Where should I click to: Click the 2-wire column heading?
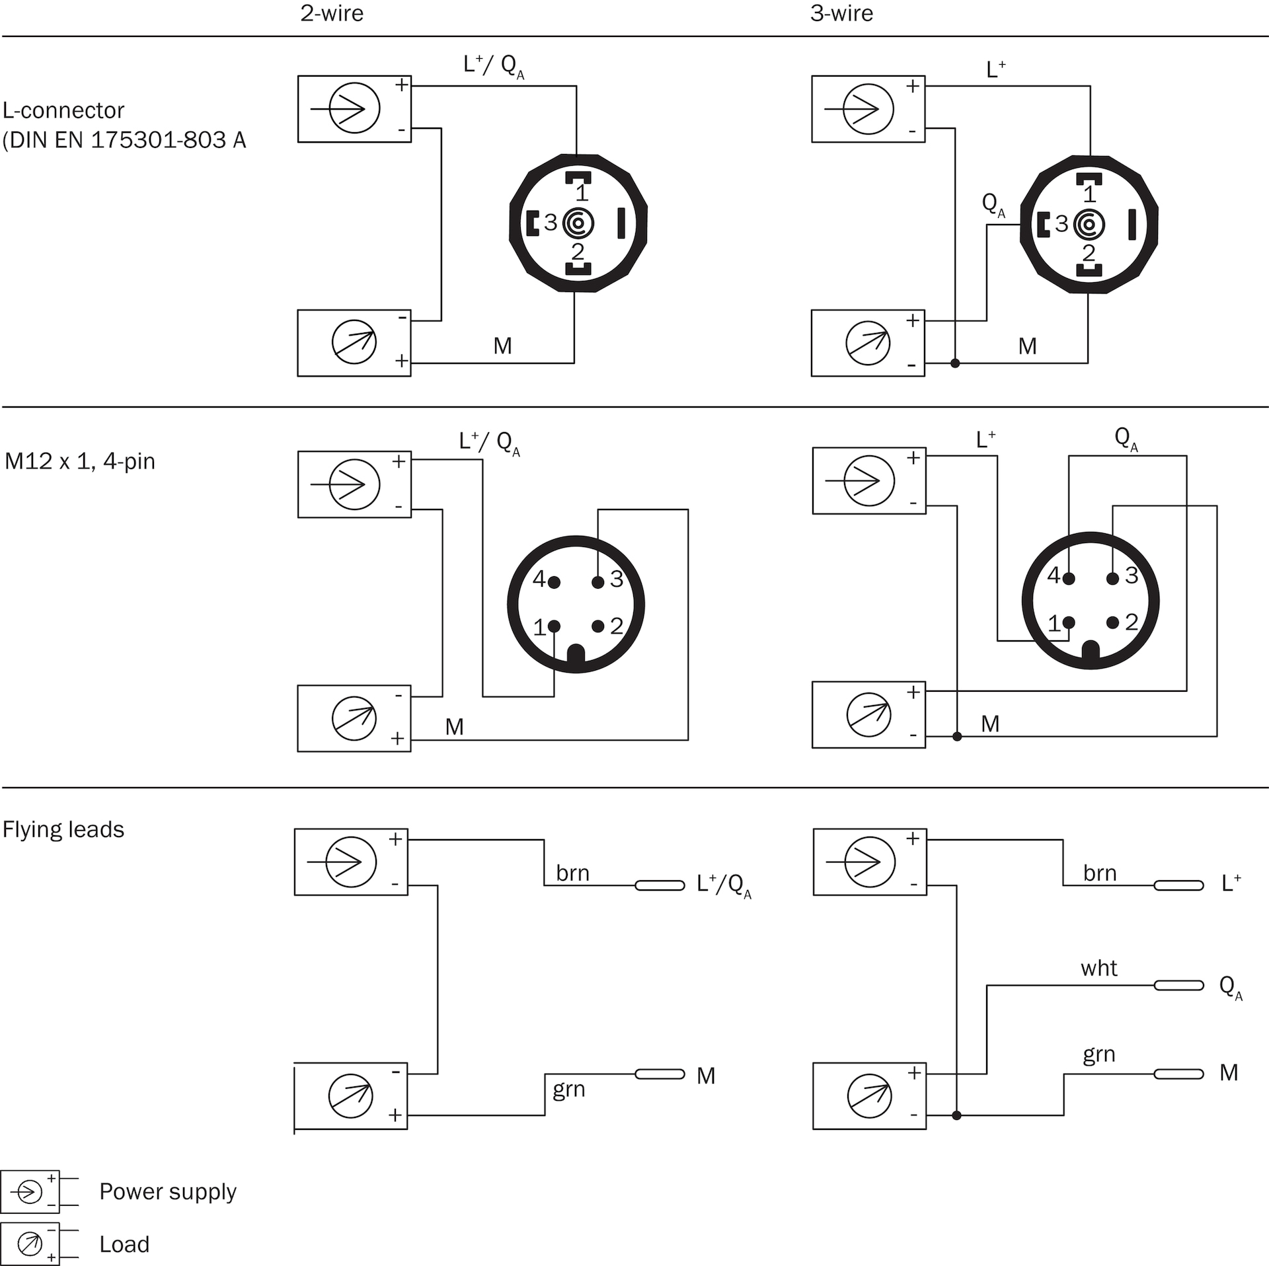pos(332,13)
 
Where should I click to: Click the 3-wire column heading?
pos(841,13)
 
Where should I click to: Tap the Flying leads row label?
pos(63,829)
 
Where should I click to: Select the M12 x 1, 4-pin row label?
pos(80,461)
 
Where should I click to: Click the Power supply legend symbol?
pos(30,1191)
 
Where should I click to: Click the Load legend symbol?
pos(30,1244)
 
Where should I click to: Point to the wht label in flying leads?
pos(1098,969)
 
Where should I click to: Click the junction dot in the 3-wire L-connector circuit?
pos(955,363)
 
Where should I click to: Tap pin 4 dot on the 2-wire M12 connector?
pos(555,582)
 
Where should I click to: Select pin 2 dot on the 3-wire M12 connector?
pos(1113,622)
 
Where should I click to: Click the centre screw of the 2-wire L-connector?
pos(578,223)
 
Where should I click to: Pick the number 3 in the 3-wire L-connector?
pos(1061,223)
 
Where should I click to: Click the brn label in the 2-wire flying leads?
pos(572,873)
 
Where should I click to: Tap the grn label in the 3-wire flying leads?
pos(1098,1055)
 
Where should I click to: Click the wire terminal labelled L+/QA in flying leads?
pos(660,885)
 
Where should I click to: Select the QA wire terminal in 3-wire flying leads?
pos(1178,985)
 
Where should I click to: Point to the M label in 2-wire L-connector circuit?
pos(502,346)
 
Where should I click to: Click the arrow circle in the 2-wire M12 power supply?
pos(354,484)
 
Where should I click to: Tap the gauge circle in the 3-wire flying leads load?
pos(869,1096)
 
